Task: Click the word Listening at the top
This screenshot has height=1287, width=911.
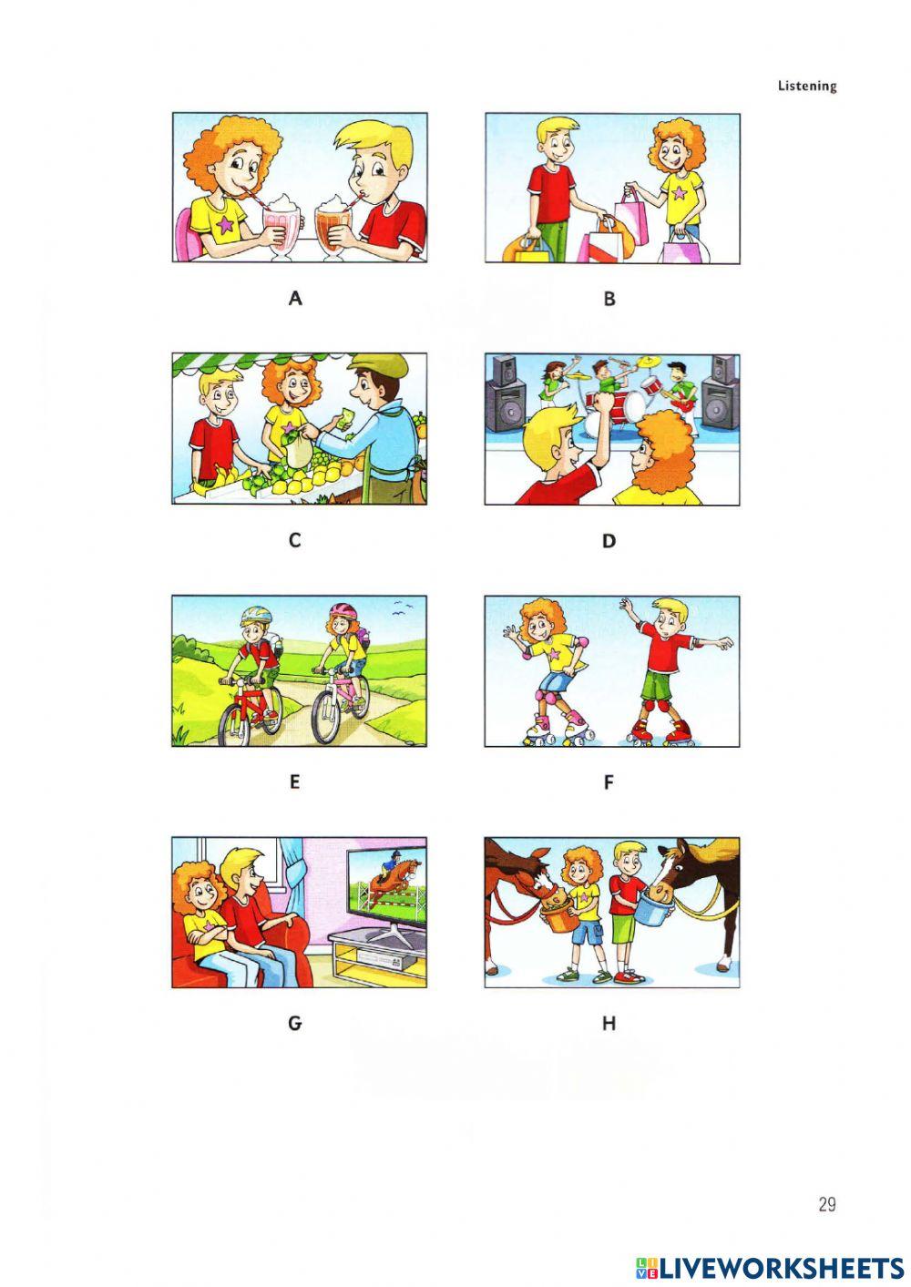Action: tap(806, 87)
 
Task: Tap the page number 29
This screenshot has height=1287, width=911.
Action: tap(826, 1205)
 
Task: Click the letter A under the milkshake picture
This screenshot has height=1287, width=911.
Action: tap(294, 298)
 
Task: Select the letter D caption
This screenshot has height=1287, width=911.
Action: tap(609, 541)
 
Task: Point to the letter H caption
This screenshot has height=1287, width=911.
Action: tap(609, 1024)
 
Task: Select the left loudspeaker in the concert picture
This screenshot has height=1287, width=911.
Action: tap(506, 394)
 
